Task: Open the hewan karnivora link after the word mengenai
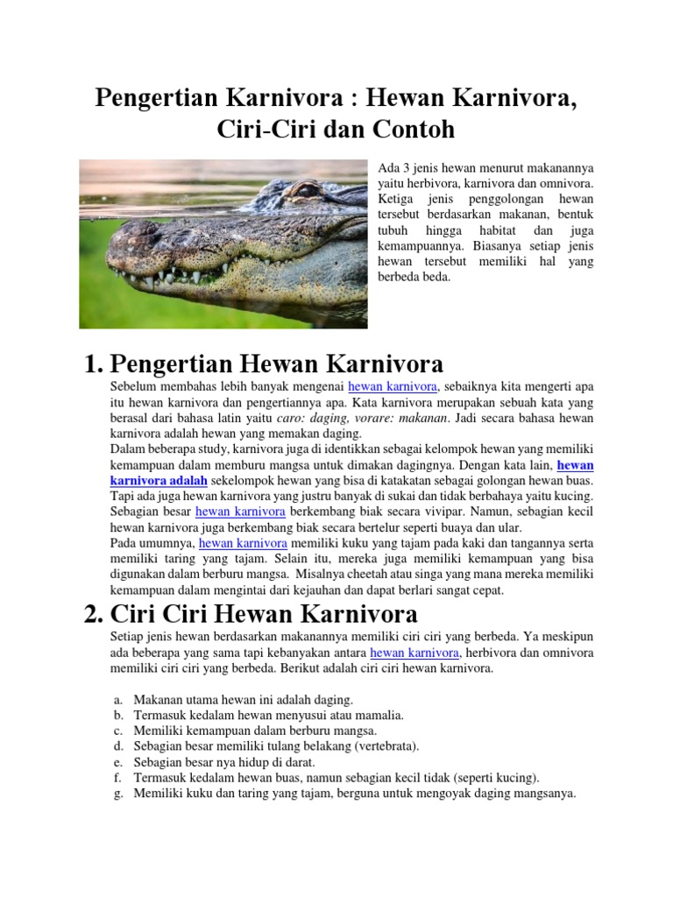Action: coord(393,385)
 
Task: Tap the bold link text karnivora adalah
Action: coord(159,480)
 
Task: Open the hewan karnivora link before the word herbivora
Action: coord(414,653)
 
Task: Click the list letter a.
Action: coord(117,700)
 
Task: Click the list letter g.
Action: coord(117,794)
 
